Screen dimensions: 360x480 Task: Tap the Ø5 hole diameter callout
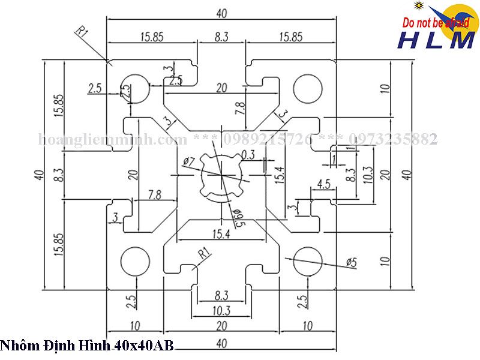click(352, 262)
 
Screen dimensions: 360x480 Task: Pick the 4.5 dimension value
click(323, 184)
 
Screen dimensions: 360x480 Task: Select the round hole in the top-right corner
click(308, 88)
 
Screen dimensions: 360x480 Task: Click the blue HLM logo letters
click(436, 40)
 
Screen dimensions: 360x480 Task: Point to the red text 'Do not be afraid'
click(435, 23)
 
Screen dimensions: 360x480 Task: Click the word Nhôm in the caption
click(17, 346)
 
